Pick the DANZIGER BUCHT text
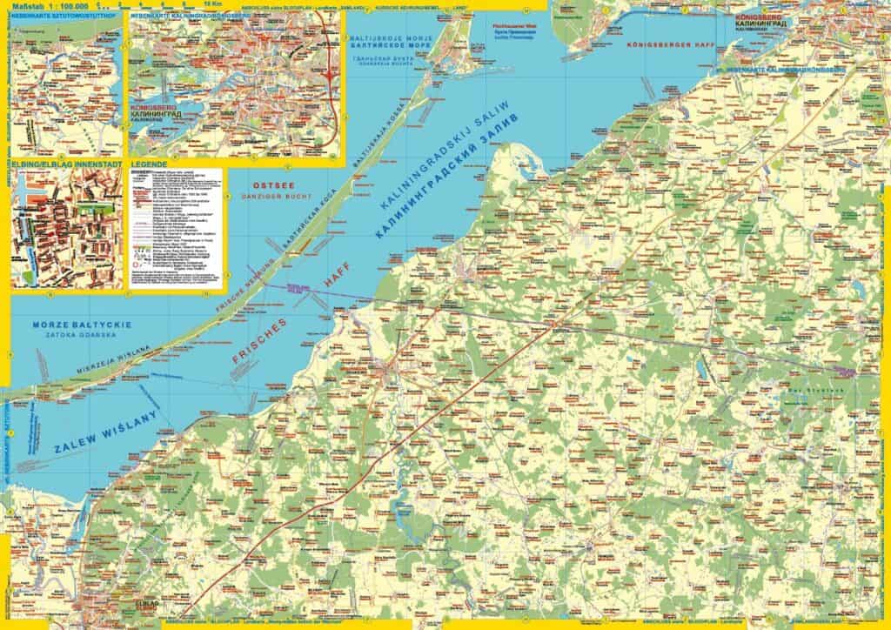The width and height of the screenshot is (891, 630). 266,197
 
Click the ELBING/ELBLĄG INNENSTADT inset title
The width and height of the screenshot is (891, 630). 66,163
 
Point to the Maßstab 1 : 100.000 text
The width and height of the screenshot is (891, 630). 52,7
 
